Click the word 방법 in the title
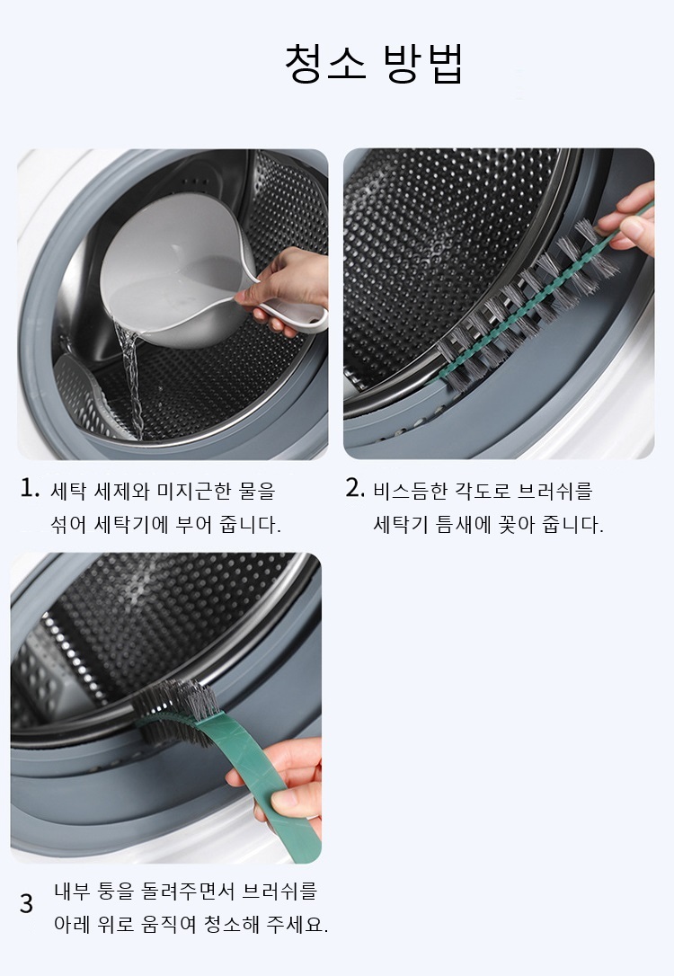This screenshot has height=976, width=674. click(423, 63)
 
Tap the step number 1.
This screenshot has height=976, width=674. click(30, 489)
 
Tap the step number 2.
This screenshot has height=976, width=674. click(355, 488)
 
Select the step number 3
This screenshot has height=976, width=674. click(26, 904)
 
